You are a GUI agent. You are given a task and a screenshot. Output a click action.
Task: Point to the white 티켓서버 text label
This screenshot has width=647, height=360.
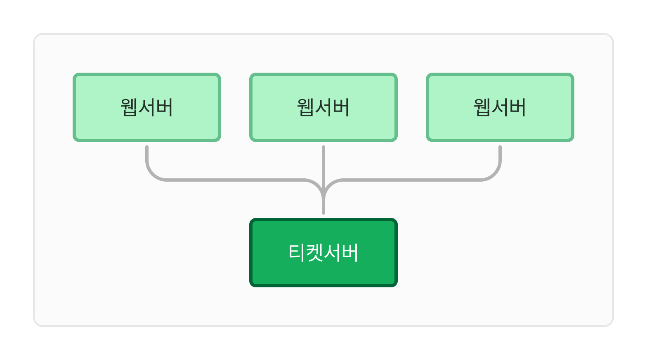(323, 252)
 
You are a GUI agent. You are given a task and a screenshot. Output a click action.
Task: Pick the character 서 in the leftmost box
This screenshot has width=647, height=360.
(146, 107)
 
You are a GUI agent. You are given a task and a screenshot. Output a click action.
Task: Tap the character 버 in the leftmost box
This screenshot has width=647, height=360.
(164, 107)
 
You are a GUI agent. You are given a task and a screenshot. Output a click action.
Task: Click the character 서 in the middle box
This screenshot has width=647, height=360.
(323, 107)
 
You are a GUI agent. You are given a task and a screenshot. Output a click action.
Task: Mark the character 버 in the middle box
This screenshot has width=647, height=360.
(341, 107)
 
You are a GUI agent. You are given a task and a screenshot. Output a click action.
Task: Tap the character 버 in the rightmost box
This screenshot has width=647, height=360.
(517, 107)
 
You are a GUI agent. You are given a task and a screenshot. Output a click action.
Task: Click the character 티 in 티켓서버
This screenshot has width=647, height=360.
(297, 252)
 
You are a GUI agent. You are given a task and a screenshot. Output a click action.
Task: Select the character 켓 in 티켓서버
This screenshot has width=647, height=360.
(314, 252)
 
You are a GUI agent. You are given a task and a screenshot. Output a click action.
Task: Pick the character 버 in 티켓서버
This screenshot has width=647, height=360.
(350, 252)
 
